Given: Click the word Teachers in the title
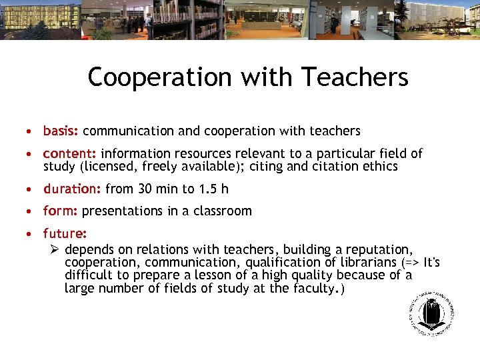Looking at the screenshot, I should click(x=355, y=77).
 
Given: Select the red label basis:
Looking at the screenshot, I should click(x=61, y=131).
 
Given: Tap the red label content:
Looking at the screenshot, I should click(x=70, y=153).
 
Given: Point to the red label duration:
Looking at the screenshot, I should click(x=72, y=189).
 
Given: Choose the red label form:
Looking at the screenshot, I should click(x=61, y=211).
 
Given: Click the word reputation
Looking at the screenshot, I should click(x=377, y=248).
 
